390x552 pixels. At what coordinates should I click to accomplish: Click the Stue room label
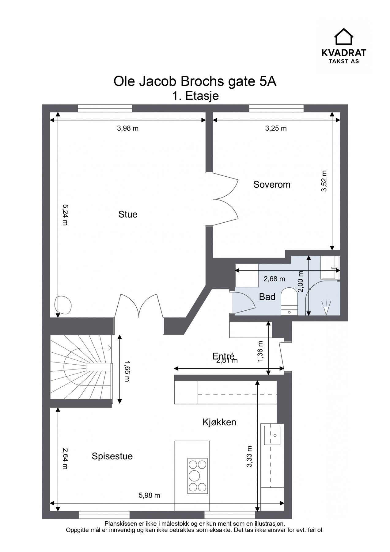point(128,214)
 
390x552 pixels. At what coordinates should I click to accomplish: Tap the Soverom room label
point(272,185)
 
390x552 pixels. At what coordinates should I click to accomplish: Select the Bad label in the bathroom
point(267,297)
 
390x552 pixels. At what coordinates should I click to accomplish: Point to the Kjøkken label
point(219,422)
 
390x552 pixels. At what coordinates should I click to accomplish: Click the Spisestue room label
point(112,456)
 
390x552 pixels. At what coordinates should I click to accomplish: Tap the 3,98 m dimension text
point(128,128)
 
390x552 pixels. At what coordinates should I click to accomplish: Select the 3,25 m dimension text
point(276,128)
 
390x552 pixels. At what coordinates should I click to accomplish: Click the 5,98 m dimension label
point(150,495)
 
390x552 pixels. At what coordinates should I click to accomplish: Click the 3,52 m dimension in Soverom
point(324,181)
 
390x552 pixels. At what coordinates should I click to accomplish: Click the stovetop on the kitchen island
point(197,475)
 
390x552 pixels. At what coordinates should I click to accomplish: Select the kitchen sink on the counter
point(272,435)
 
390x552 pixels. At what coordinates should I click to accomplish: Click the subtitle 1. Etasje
point(195,96)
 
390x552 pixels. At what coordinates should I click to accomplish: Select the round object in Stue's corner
point(63,305)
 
